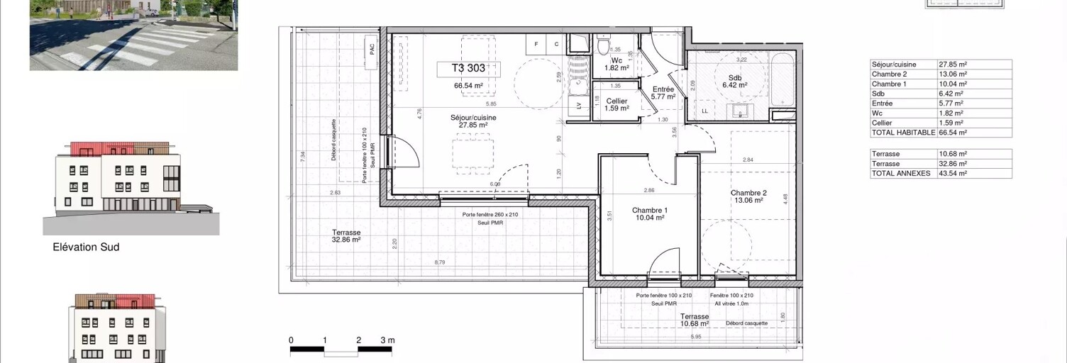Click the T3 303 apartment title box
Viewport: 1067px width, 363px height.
(469, 69)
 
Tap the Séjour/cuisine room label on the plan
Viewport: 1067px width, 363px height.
(473, 121)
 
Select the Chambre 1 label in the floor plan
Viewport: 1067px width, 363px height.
(650, 214)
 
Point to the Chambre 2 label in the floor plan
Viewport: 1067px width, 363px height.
(748, 196)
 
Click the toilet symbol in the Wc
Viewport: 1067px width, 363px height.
(602, 47)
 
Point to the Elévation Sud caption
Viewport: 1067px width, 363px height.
(86, 247)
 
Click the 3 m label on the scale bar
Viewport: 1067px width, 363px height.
(387, 340)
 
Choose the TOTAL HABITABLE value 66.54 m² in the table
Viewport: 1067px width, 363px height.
(952, 133)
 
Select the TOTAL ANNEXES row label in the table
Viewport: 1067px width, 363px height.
(900, 173)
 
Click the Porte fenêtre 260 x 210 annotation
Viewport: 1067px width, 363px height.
(490, 215)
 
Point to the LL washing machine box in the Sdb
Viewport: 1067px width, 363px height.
(704, 111)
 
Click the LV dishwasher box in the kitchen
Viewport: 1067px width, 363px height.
(580, 106)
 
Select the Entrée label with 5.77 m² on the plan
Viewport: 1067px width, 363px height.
(663, 93)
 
